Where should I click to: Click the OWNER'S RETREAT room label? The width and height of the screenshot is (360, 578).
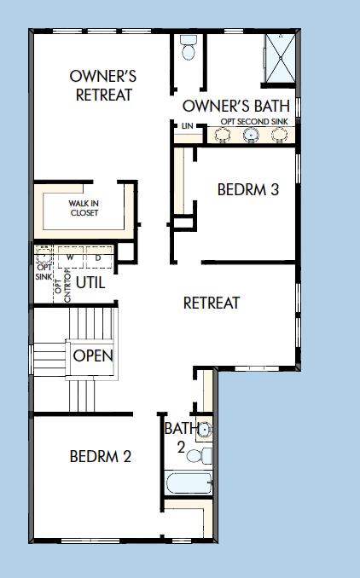pyautogui.click(x=103, y=85)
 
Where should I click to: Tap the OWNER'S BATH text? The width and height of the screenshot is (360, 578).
pyautogui.click(x=235, y=107)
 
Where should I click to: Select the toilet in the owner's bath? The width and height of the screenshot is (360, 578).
pyautogui.click(x=189, y=51)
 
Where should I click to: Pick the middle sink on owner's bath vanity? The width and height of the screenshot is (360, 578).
pyautogui.click(x=251, y=134)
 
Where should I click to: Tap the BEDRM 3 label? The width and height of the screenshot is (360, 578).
pyautogui.click(x=247, y=189)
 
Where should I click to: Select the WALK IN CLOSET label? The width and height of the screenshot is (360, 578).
pyautogui.click(x=84, y=208)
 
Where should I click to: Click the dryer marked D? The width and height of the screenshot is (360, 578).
pyautogui.click(x=97, y=257)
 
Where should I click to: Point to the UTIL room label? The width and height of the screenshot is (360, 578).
pyautogui.click(x=91, y=282)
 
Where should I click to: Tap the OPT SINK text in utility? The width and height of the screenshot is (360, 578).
pyautogui.click(x=43, y=271)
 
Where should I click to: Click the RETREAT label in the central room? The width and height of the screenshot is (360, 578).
pyautogui.click(x=212, y=303)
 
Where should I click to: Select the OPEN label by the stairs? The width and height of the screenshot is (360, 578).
pyautogui.click(x=93, y=355)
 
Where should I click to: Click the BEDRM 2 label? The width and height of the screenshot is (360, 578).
pyautogui.click(x=100, y=456)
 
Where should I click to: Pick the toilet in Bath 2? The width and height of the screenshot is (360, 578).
pyautogui.click(x=197, y=456)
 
